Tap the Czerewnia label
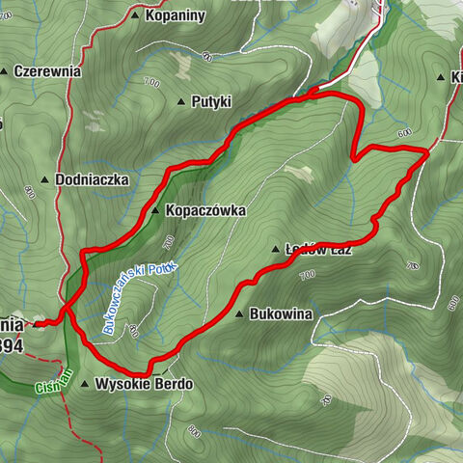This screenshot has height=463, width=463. (47, 71)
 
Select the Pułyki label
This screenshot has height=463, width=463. (211, 100)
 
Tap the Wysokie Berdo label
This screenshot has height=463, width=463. (144, 384)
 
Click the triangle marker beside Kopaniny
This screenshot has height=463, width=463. (134, 16)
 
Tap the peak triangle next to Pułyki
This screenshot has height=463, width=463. (181, 100)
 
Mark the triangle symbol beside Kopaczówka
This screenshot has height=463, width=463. (154, 209)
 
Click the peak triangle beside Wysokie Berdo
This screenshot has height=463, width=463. (85, 385)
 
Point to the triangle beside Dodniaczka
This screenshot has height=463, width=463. (45, 179)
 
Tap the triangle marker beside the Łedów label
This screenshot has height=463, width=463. (276, 248)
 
